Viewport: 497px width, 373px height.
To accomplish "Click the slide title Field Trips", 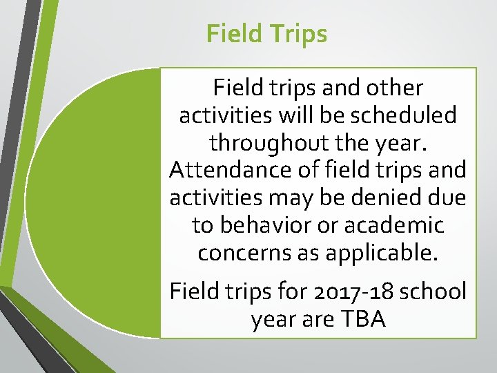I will [x=266, y=33].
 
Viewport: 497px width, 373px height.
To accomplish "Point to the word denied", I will [x=391, y=198].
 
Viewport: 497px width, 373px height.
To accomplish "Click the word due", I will [x=448, y=198].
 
